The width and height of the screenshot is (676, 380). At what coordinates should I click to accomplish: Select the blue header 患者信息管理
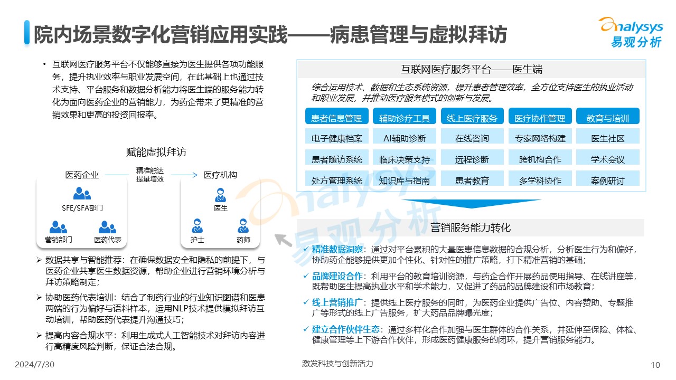(x=337, y=116)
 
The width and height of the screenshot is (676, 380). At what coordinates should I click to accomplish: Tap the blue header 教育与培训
(x=608, y=116)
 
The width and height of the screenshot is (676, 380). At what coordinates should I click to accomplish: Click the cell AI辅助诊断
(x=405, y=137)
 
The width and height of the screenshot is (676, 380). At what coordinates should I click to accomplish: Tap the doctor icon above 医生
(x=221, y=195)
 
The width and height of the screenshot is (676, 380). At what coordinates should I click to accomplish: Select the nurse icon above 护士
(x=198, y=226)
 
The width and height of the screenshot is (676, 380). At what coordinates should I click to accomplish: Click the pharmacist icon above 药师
(x=243, y=226)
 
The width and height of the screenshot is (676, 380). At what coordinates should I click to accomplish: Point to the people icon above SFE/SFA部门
(x=82, y=193)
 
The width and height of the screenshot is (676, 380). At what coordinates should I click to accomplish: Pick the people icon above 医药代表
(x=107, y=227)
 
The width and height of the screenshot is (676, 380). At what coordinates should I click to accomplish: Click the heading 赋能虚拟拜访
(x=156, y=152)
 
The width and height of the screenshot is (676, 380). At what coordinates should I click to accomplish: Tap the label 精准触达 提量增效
(x=150, y=175)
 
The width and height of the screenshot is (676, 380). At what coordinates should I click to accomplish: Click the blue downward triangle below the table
(x=471, y=203)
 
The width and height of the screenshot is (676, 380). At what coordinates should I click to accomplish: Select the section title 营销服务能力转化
(x=471, y=227)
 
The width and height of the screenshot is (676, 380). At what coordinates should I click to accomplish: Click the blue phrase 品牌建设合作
(x=337, y=276)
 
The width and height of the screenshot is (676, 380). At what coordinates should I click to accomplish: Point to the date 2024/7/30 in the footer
(x=35, y=365)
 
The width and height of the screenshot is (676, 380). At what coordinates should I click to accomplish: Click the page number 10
(x=655, y=365)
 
